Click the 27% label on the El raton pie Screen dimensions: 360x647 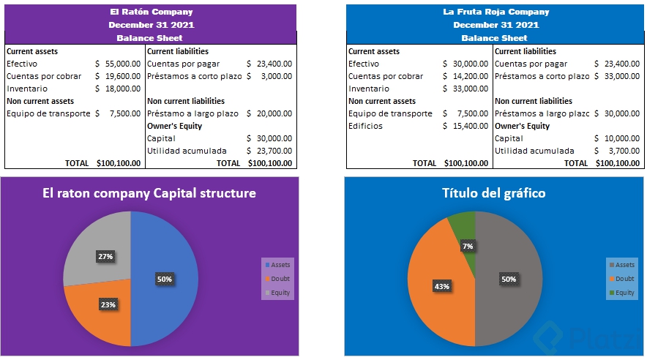pyautogui.click(x=105, y=257)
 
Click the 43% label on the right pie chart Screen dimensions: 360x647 pyautogui.click(x=441, y=285)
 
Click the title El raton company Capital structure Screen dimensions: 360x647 pyautogui.click(x=149, y=193)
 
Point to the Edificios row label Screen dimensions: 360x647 pyautogui.click(x=365, y=126)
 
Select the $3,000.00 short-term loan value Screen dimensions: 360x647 pyautogui.click(x=275, y=76)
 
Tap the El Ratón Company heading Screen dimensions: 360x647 pyautogui.click(x=151, y=12)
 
